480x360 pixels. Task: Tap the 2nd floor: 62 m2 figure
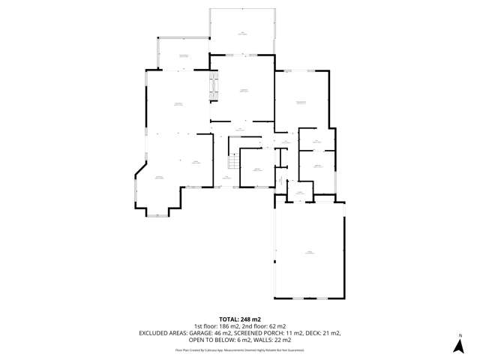263,326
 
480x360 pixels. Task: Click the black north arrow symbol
459,346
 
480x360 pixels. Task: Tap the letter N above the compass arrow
460,335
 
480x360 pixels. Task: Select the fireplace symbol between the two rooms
214,84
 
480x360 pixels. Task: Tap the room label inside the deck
241,33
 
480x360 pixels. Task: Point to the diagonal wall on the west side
141,169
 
